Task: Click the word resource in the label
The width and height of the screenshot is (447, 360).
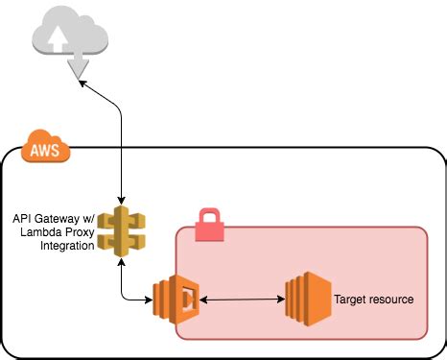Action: pyautogui.click(x=393, y=300)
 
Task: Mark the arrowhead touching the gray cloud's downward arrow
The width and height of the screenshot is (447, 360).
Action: pyautogui.click(x=83, y=84)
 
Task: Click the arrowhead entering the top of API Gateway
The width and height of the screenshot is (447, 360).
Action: pyautogui.click(x=123, y=199)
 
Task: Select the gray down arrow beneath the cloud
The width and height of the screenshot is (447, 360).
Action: pyautogui.click(x=76, y=65)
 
